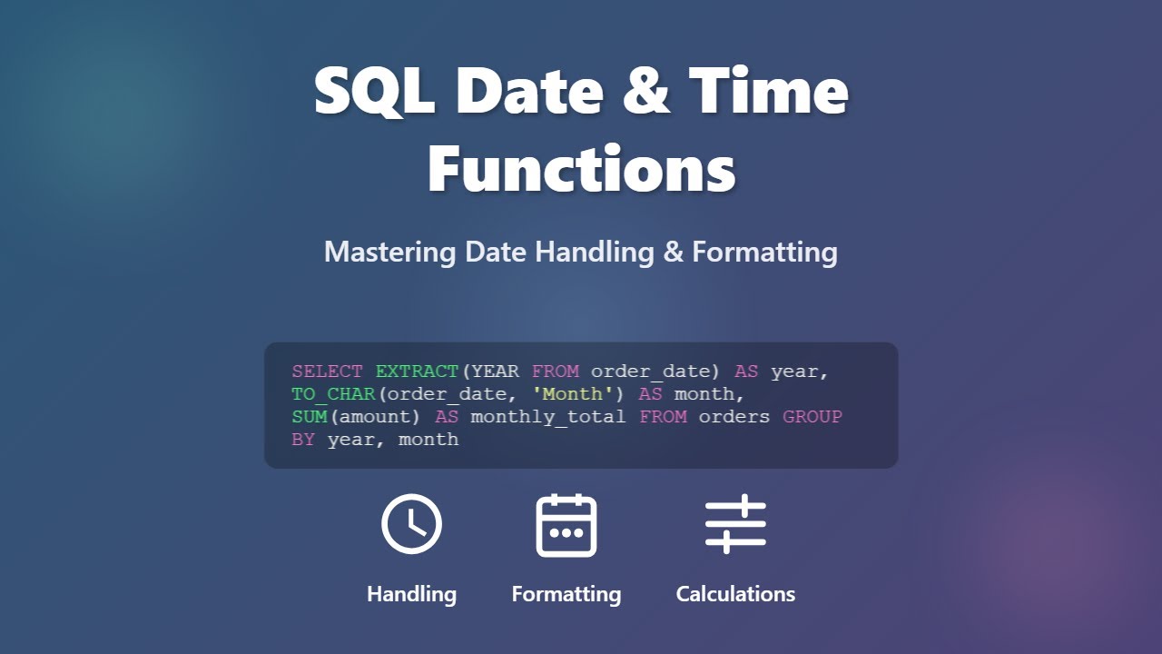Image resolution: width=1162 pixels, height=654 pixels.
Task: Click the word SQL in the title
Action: tap(375, 91)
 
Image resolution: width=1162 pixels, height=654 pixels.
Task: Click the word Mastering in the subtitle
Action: tap(390, 252)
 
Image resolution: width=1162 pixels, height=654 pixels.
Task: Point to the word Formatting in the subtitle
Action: tap(764, 252)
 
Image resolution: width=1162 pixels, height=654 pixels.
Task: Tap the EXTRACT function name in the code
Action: tap(418, 372)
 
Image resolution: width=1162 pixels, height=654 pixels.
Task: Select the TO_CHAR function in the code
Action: tap(334, 394)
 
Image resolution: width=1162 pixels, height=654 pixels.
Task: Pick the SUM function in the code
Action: tap(310, 417)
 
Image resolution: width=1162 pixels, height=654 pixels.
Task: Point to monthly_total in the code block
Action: tap(548, 417)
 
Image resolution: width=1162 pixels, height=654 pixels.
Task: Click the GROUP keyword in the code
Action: tap(812, 417)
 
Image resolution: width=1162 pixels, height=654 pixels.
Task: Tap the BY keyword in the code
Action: tap(303, 440)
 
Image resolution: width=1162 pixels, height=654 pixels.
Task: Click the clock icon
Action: tap(411, 525)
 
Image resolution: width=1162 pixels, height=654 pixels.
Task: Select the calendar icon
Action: tap(566, 525)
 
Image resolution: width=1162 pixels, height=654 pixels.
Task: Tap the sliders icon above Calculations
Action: tap(735, 524)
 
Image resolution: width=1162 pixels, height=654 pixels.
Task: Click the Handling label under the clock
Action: tap(411, 594)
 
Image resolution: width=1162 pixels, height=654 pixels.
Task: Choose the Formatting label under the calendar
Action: tap(566, 594)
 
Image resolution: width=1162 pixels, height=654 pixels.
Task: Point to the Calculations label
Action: tap(735, 594)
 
